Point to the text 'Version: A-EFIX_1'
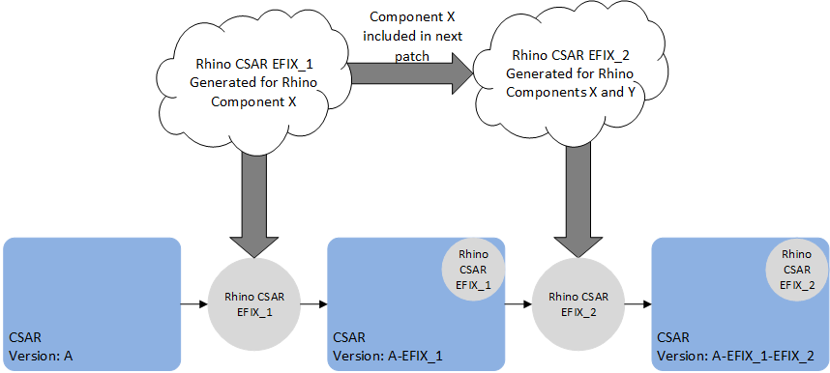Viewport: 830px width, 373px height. (389, 356)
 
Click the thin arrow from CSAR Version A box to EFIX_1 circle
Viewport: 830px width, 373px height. (195, 304)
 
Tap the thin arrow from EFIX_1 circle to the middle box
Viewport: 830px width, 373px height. (315, 304)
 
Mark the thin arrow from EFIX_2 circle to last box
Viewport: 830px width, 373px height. (638, 304)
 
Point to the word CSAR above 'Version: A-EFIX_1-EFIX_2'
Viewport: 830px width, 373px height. (673, 338)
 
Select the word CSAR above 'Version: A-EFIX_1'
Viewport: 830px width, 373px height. (350, 338)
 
